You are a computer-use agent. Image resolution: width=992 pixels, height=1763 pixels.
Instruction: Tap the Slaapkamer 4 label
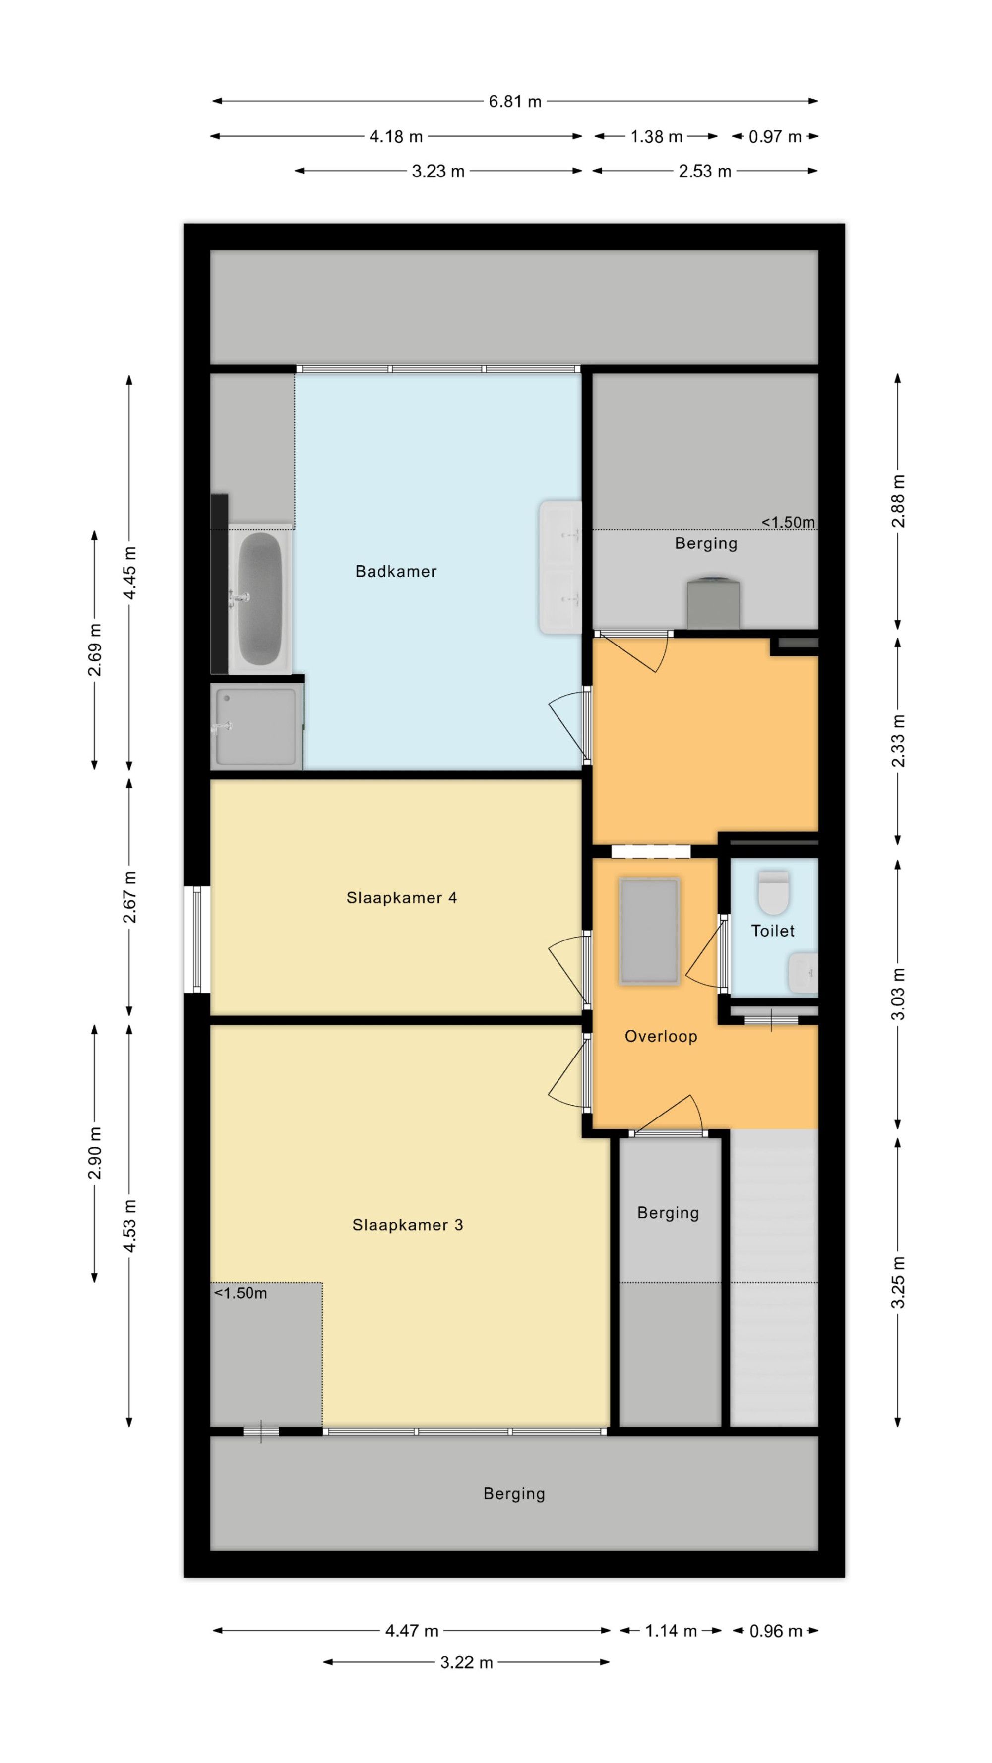(x=401, y=897)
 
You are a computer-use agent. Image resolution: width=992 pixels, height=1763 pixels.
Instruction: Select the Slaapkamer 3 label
(x=407, y=1225)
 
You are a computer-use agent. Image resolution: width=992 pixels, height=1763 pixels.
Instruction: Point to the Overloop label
(x=661, y=1036)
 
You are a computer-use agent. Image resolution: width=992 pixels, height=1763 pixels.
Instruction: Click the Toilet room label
(x=772, y=931)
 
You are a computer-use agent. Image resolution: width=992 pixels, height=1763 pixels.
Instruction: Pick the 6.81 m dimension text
(x=515, y=101)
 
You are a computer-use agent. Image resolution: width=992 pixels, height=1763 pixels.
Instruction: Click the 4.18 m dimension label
(x=396, y=136)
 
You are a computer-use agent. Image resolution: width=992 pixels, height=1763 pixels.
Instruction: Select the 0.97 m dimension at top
(x=774, y=136)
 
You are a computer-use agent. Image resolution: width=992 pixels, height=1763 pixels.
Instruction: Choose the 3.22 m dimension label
(x=466, y=1662)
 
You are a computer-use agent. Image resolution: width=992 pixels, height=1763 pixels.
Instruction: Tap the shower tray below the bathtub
(x=256, y=726)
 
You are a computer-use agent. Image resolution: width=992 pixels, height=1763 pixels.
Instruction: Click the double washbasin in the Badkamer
(x=560, y=567)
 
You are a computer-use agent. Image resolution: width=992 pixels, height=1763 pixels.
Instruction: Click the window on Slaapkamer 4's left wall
(x=197, y=939)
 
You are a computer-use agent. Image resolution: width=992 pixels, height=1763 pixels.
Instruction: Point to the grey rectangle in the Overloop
(x=649, y=932)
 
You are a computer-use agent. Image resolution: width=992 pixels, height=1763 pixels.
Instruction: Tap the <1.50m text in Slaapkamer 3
(x=240, y=1293)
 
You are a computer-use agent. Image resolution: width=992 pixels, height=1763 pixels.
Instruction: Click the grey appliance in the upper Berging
(x=713, y=604)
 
